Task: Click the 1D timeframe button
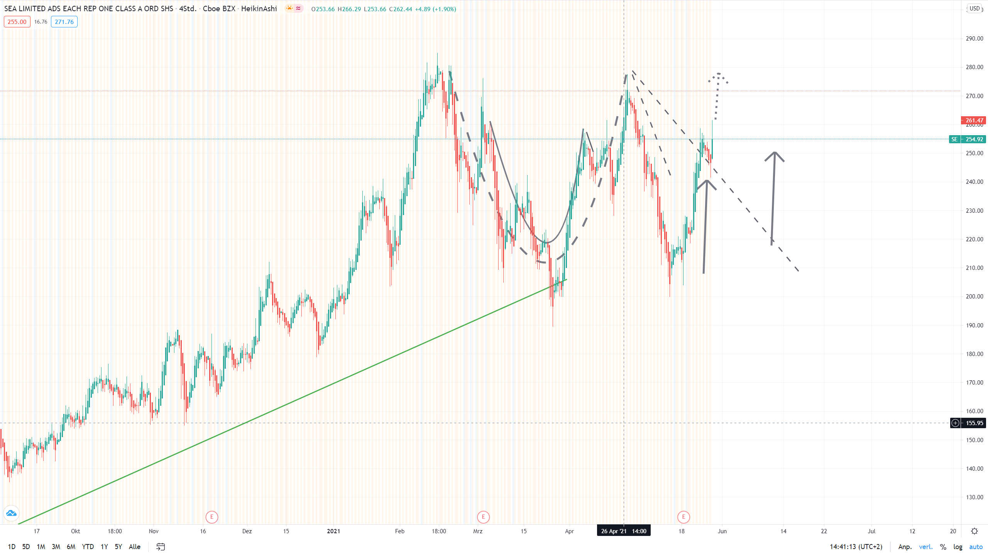tap(12, 547)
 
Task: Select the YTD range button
tap(88, 547)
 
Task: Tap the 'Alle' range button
tap(134, 547)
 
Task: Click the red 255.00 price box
tap(17, 22)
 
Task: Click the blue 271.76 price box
tap(64, 22)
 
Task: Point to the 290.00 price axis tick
tap(974, 39)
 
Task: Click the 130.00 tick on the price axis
tap(974, 497)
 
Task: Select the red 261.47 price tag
tap(974, 120)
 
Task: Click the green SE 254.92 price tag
tap(968, 139)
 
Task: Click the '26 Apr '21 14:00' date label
tap(624, 531)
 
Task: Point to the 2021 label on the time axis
tap(333, 531)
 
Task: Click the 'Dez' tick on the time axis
tap(247, 531)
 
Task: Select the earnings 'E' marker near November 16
tap(212, 517)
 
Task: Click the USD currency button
tap(974, 8)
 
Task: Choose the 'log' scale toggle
tap(958, 547)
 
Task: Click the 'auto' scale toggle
tap(976, 547)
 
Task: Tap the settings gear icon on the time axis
tap(974, 531)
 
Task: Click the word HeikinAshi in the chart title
tap(259, 8)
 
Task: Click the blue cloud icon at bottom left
tap(11, 513)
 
